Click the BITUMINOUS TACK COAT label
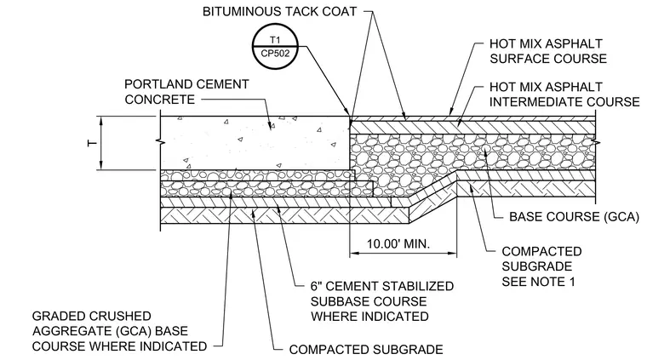(279, 12)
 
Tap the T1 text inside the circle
(275, 40)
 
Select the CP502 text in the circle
(275, 54)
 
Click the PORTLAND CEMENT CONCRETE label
(186, 92)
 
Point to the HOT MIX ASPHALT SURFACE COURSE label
(548, 51)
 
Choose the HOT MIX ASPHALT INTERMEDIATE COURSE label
(564, 94)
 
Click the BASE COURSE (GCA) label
(574, 217)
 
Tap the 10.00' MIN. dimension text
(398, 243)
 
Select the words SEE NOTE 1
(538, 282)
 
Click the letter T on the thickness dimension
(93, 143)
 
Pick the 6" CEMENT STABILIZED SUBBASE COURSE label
(382, 301)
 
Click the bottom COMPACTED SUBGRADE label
(366, 350)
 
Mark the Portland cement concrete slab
(255, 143)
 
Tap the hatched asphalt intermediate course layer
(472, 128)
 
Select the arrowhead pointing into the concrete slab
(271, 126)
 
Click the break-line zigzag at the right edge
(596, 143)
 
